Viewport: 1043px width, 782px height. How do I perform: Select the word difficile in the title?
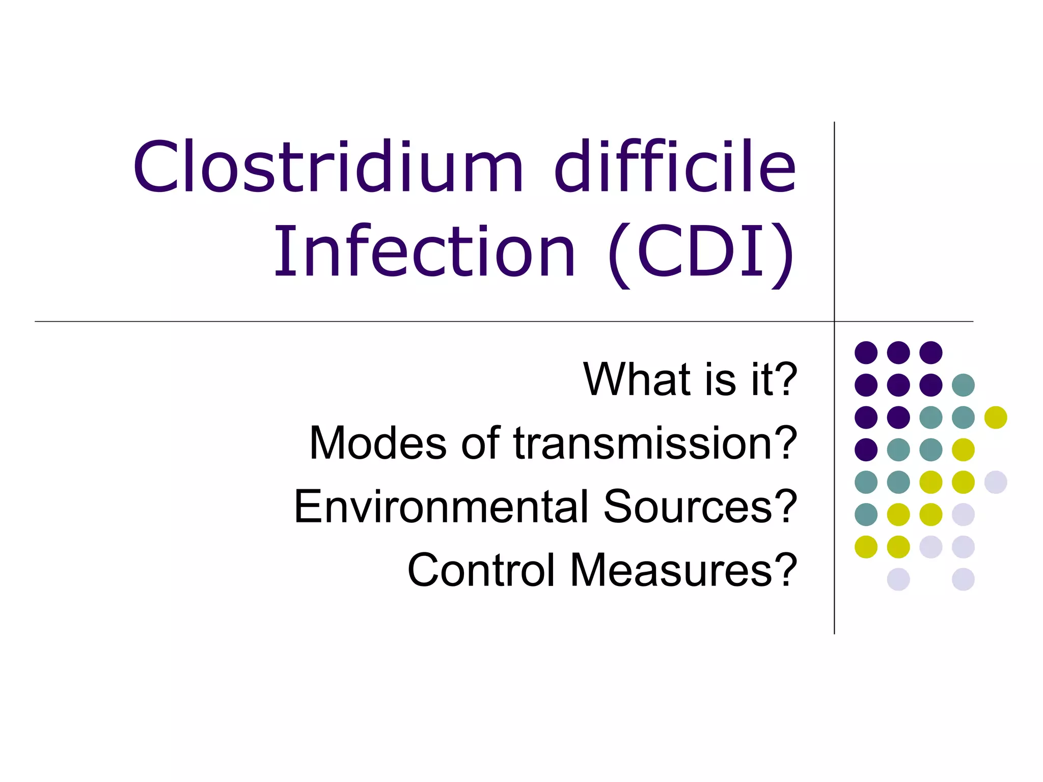coord(675,167)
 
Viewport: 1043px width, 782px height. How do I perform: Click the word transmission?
coord(655,443)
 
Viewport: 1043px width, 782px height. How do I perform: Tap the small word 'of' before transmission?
coord(480,443)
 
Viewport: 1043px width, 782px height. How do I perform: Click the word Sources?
coord(700,507)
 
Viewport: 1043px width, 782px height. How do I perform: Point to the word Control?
coord(481,570)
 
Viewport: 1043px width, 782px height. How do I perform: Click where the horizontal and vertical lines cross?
coord(834,322)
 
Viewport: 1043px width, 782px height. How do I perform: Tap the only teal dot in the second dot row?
coord(963,385)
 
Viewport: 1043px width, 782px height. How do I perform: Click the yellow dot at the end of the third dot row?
coord(996,417)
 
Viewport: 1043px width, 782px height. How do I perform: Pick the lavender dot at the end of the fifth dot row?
coord(996,482)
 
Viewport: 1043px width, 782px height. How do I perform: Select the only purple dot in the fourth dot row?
coord(866,450)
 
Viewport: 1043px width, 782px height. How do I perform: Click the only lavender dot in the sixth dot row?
coord(963,514)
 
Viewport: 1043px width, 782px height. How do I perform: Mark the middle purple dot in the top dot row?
coord(898,352)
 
